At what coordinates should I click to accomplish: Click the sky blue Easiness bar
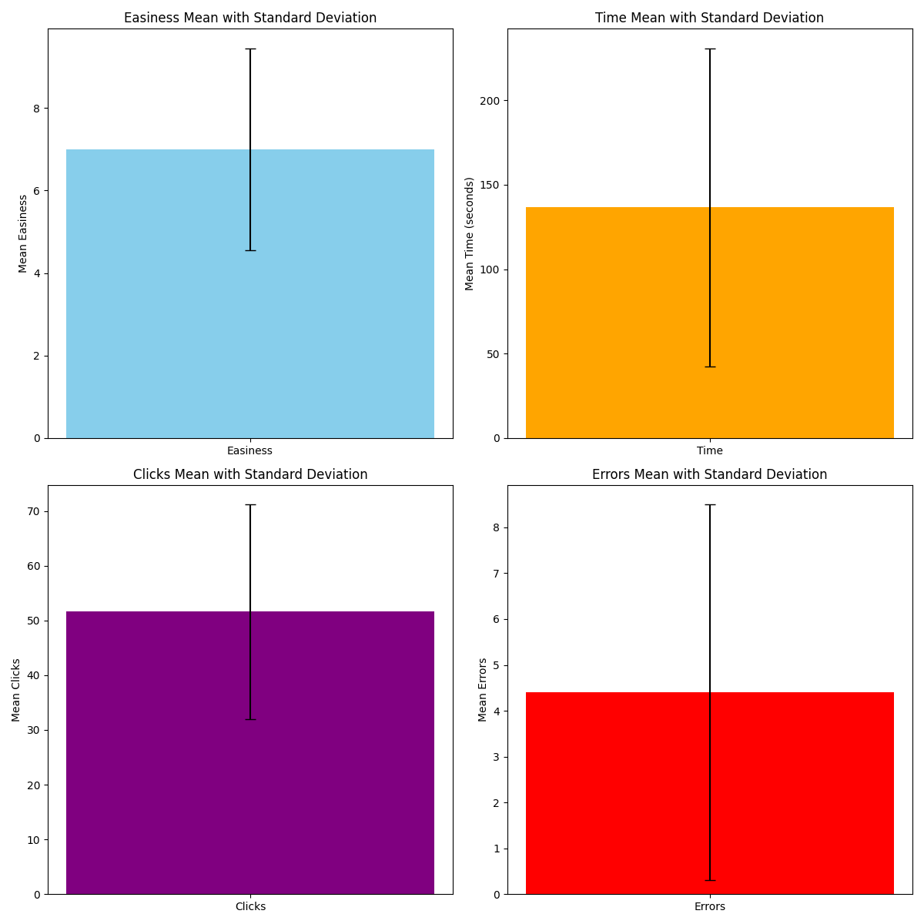coord(154,308)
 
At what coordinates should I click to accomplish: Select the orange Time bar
coord(616,323)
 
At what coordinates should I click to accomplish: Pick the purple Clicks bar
coord(154,755)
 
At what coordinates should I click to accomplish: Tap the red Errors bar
coord(616,793)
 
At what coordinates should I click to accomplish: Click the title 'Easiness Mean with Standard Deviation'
coord(250,18)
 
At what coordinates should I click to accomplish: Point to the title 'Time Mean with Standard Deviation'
coord(709,18)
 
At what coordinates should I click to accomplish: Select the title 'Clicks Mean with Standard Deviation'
coord(250,474)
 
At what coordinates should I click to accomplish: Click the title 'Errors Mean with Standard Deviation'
coord(709,474)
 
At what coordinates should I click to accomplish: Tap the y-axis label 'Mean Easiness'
coord(23,233)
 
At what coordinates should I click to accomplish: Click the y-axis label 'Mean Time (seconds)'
coord(470,233)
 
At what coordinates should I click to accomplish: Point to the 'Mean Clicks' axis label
coord(16,690)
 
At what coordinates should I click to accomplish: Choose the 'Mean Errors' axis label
coord(483,690)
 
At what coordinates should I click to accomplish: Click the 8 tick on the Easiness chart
coord(35,109)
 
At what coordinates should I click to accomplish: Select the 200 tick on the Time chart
coord(490,101)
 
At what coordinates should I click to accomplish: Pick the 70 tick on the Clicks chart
coord(33,511)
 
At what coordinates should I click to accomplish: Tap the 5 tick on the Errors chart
coord(495,665)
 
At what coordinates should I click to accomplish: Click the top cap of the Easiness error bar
coord(250,49)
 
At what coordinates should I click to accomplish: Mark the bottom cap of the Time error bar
coord(709,367)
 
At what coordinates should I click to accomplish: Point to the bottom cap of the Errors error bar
coord(709,880)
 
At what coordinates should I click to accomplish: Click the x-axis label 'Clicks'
coord(250,907)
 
